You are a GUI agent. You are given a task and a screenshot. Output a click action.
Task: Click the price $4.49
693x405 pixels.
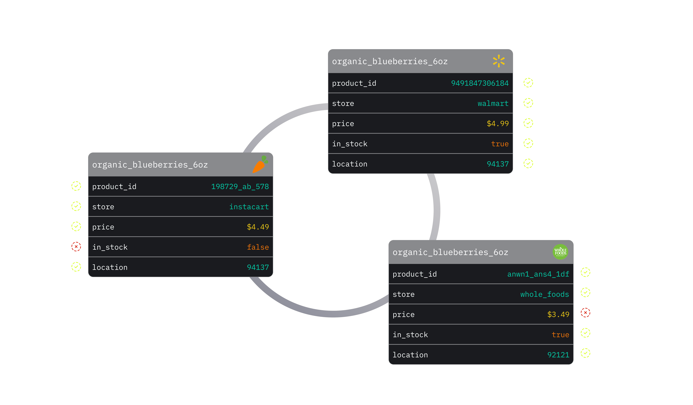click(x=258, y=227)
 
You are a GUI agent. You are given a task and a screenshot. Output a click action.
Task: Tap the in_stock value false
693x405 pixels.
click(x=258, y=247)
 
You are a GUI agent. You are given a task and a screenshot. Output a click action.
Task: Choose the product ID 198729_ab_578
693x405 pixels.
click(x=240, y=187)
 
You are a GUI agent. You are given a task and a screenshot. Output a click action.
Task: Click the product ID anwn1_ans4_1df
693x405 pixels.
click(x=538, y=274)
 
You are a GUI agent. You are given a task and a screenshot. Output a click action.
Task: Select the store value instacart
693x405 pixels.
click(x=249, y=207)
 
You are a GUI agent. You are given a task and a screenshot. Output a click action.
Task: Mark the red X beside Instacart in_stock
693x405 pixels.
click(x=76, y=247)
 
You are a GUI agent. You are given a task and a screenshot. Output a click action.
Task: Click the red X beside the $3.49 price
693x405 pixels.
click(x=585, y=313)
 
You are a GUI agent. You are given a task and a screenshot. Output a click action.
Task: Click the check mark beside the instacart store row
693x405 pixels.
click(x=76, y=206)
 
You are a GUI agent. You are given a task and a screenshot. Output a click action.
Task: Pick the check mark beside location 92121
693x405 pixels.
click(x=585, y=353)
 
